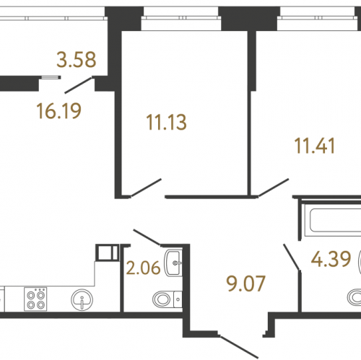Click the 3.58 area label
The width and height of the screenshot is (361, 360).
pyautogui.click(x=77, y=59)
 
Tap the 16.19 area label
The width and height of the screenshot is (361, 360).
pyautogui.click(x=59, y=111)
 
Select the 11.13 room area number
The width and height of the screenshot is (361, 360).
pyautogui.click(x=166, y=123)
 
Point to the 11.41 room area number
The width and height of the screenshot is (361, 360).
pyautogui.click(x=315, y=146)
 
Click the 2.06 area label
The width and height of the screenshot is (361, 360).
pyautogui.click(x=144, y=268)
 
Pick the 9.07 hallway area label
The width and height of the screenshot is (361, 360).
pyautogui.click(x=246, y=284)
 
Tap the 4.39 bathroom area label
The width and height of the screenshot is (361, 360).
pyautogui.click(x=331, y=259)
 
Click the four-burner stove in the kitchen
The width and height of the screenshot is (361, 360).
pyautogui.click(x=35, y=299)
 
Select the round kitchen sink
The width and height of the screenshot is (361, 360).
pyautogui.click(x=82, y=299)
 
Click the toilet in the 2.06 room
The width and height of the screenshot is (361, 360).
pyautogui.click(x=167, y=299)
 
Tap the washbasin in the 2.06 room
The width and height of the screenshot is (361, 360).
pyautogui.click(x=173, y=263)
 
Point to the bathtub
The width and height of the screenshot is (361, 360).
pyautogui.click(x=333, y=221)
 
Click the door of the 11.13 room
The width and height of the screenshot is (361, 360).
pyautogui.click(x=146, y=188)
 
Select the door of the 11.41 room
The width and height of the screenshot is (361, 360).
pyautogui.click(x=273, y=188)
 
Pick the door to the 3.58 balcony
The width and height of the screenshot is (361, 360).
pyautogui.click(x=79, y=85)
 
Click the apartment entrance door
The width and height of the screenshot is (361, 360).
pyautogui.click(x=238, y=347)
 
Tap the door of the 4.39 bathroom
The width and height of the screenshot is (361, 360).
pyautogui.click(x=292, y=257)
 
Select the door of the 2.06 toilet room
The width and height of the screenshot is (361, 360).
pyautogui.click(x=147, y=237)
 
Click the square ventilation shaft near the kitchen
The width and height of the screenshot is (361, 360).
pyautogui.click(x=107, y=253)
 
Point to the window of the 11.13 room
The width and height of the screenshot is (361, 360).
pyautogui.click(x=181, y=17)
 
